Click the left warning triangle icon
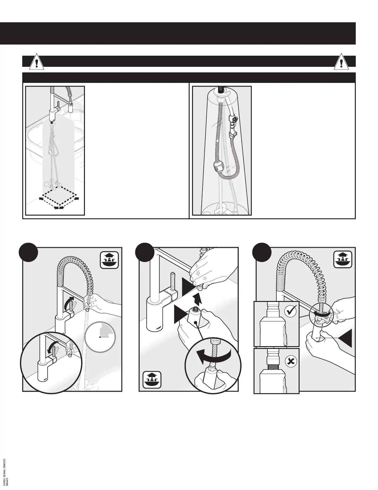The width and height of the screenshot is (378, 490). coord(37,63)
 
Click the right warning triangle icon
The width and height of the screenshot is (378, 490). coord(341,63)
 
